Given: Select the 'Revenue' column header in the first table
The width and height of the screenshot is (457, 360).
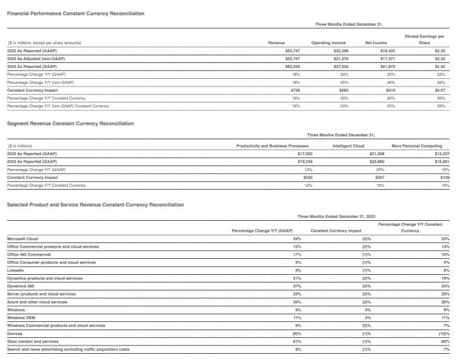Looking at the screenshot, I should (x=276, y=43).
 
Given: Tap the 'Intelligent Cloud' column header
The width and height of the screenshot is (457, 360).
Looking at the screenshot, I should (x=348, y=146).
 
